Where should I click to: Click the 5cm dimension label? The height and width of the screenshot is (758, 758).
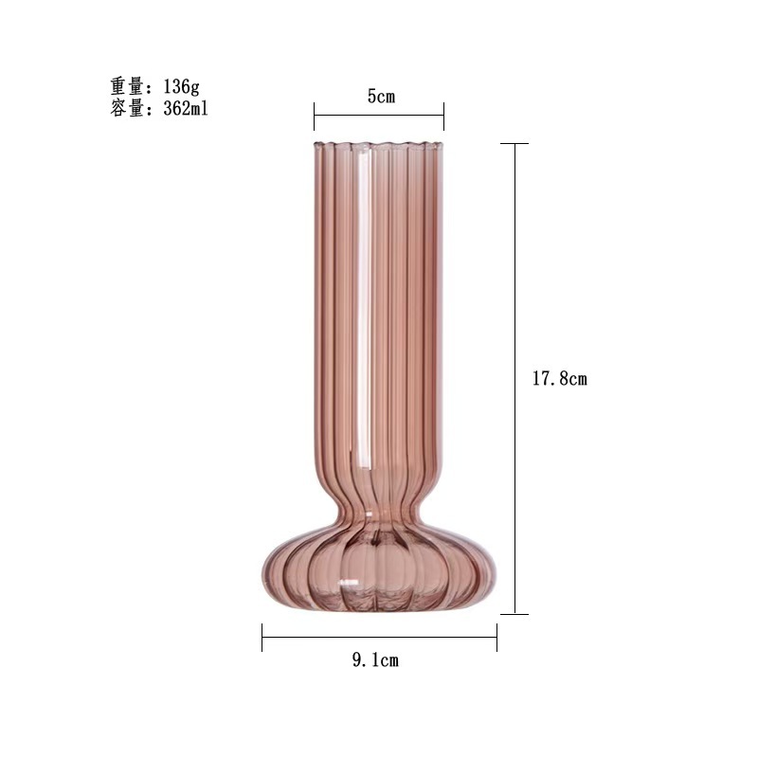pos(381,97)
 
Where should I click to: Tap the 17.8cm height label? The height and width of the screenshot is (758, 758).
pos(560,378)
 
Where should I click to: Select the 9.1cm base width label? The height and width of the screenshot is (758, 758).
pos(375,659)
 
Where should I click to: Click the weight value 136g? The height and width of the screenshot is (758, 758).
pos(181,86)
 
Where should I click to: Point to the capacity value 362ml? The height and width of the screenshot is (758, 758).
pos(186,108)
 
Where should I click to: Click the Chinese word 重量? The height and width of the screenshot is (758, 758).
pos(128,86)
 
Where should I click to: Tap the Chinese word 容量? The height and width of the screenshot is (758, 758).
pos(128,108)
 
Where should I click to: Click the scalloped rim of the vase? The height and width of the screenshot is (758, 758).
pos(378,145)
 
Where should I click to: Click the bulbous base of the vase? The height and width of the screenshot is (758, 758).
pos(379,570)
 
